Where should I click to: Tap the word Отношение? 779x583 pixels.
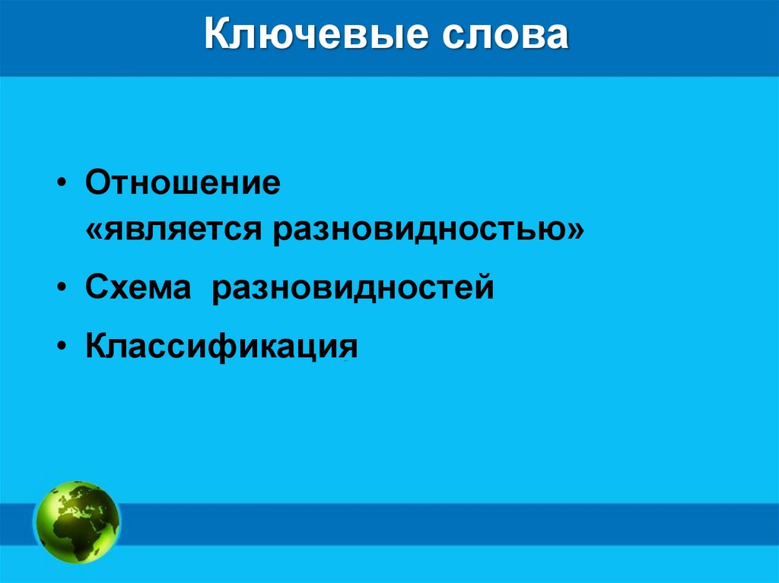183,185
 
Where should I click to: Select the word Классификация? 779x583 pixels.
221,347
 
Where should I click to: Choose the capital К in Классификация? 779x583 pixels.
96,347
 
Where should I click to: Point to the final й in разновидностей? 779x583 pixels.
485,287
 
